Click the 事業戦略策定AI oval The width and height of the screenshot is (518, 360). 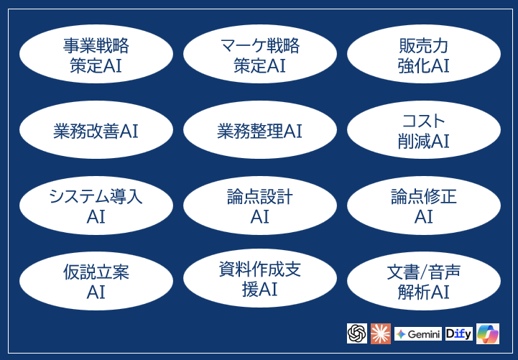[x=96, y=55]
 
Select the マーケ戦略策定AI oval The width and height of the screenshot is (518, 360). [x=259, y=55]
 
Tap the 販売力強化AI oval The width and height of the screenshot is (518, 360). [x=423, y=55]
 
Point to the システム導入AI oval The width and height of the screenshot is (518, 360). [x=96, y=206]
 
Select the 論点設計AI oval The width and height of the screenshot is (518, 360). [x=259, y=206]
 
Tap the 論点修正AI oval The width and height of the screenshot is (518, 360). [x=423, y=206]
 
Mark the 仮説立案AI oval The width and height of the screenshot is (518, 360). [x=96, y=281]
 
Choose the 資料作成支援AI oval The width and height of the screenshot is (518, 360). [x=259, y=280]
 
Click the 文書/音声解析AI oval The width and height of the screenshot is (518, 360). [x=423, y=281]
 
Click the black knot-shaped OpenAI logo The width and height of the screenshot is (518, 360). [x=356, y=333]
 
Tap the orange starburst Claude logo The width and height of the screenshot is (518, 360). [x=381, y=333]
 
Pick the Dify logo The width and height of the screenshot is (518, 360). [x=458, y=333]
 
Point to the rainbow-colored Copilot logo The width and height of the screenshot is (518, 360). [x=487, y=333]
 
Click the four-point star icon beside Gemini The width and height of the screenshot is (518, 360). [x=402, y=334]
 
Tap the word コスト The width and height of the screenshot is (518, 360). [x=423, y=121]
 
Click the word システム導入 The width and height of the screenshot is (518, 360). [x=96, y=196]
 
